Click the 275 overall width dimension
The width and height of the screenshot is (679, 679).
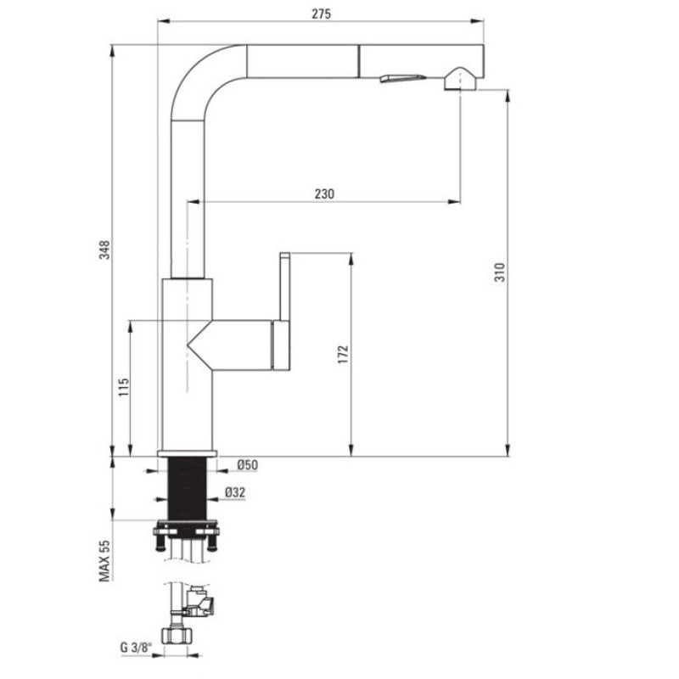[320, 13]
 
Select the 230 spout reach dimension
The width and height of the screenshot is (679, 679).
[323, 194]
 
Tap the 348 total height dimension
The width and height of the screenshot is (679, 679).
[104, 250]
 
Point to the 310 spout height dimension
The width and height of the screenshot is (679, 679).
[500, 272]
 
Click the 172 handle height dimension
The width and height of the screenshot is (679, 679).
[342, 353]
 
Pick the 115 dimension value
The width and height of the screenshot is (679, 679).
[122, 388]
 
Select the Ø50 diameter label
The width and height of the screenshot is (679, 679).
[247, 464]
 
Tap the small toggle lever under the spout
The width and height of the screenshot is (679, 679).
[399, 78]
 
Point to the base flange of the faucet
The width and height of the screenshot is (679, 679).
[188, 452]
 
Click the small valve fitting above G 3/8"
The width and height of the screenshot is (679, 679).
[204, 603]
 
